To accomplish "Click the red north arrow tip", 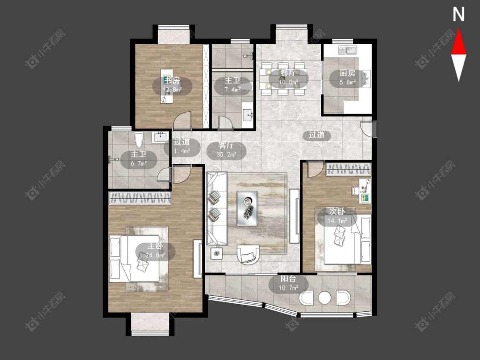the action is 459,29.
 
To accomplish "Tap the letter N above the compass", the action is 459,14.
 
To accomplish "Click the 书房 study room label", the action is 172,81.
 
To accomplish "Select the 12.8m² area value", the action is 172,90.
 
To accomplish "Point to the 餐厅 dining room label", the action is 288,73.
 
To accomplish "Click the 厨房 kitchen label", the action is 347,73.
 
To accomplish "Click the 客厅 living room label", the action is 226,145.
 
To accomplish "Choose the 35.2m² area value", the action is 226,154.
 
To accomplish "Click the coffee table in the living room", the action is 247,209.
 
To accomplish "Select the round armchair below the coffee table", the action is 248,254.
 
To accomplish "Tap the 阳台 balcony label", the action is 288,279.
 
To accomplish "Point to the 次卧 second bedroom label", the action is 337,211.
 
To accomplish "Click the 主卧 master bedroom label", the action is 155,246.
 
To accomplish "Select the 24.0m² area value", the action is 155,255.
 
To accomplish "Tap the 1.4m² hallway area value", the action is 182,151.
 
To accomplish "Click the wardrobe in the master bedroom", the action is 140,198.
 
